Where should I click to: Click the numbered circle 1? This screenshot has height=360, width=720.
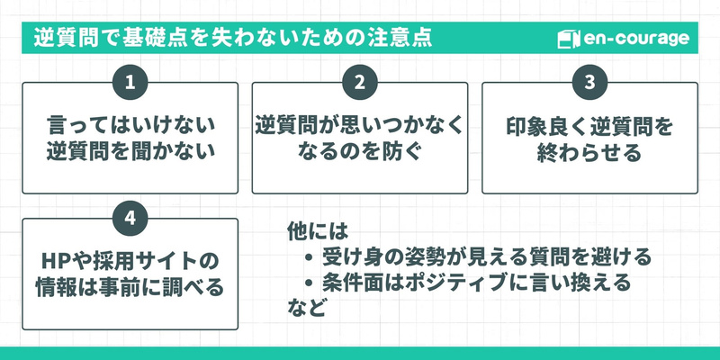point(130,83)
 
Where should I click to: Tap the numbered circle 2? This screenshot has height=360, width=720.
point(359,83)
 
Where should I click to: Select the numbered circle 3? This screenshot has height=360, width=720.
point(589,83)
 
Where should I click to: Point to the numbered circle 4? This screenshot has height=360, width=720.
point(130,219)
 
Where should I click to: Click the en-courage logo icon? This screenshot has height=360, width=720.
point(566,40)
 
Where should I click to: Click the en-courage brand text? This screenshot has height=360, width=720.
point(635,40)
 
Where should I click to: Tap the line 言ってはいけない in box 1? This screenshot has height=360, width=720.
point(130,123)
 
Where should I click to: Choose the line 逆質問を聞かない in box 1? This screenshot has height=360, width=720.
point(130,151)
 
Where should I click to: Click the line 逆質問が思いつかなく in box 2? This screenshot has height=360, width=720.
point(359,123)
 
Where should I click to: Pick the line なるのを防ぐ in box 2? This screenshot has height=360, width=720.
point(359,151)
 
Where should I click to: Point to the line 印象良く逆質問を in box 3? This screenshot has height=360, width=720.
point(589,123)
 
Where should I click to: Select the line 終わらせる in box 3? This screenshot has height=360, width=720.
point(589,151)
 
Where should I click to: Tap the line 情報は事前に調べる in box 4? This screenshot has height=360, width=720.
point(130,289)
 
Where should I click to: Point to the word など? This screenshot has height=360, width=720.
point(306,308)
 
